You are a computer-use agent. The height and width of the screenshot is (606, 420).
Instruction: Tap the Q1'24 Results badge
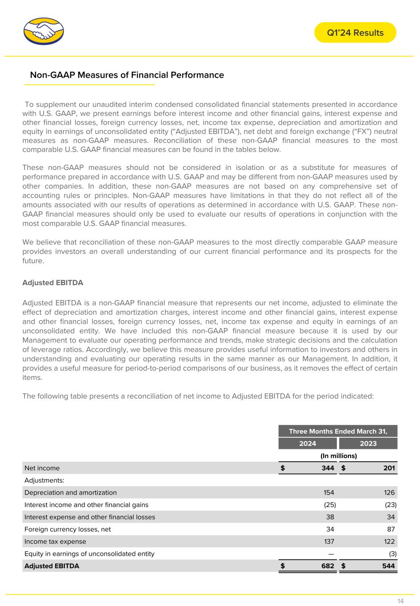355,33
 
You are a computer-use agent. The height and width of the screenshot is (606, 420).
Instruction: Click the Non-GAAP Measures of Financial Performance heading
127,75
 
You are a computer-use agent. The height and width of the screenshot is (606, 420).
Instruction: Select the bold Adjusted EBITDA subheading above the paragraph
52,282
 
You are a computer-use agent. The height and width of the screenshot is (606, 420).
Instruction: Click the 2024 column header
308,444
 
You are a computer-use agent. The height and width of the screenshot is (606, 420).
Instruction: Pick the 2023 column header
368,444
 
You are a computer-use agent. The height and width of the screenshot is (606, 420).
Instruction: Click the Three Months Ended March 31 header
338,431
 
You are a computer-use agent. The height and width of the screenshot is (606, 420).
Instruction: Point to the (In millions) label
339,456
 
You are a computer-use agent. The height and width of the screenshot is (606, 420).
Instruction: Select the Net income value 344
328,468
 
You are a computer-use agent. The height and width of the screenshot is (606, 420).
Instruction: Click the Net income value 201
388,468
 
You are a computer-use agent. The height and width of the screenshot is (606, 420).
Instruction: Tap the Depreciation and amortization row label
71,492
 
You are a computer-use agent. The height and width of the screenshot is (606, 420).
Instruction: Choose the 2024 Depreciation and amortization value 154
328,492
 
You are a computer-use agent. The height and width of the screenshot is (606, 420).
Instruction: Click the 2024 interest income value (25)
329,505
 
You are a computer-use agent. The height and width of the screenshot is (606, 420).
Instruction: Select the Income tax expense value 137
328,542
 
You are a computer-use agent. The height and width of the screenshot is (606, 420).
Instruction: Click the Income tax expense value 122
389,542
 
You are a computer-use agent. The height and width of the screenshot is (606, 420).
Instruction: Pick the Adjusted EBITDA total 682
328,566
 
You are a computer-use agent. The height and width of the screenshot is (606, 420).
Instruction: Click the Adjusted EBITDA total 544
388,566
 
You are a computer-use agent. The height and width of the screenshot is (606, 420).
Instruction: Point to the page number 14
400,601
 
